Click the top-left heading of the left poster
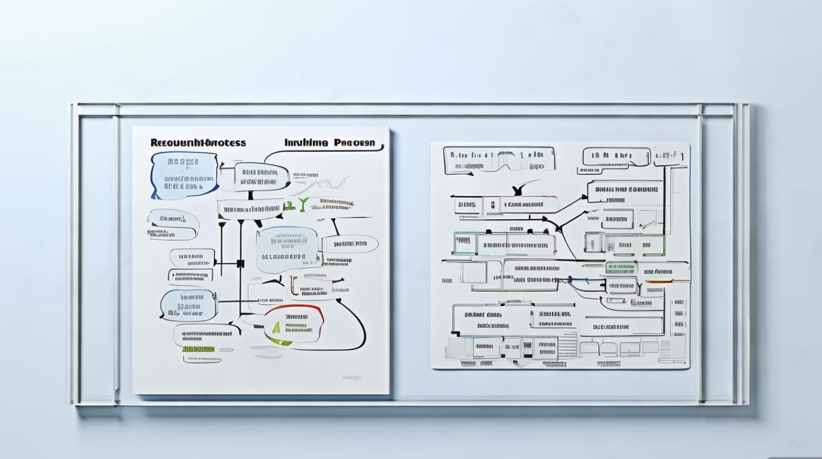[198, 143]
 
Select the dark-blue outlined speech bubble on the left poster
[184, 176]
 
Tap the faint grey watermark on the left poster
[352, 378]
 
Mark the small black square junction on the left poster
[240, 264]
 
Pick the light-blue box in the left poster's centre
[288, 250]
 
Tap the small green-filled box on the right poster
[620, 267]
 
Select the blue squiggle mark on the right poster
[578, 281]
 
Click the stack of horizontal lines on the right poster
[568, 346]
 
